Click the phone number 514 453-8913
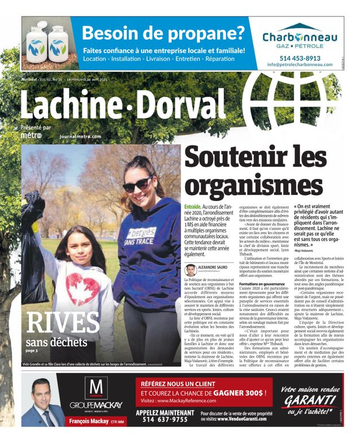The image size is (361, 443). tap(299, 58)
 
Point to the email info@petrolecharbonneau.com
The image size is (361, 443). tap(299, 65)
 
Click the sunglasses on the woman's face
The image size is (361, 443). tap(137, 185)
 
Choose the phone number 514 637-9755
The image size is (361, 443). tap(162, 419)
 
